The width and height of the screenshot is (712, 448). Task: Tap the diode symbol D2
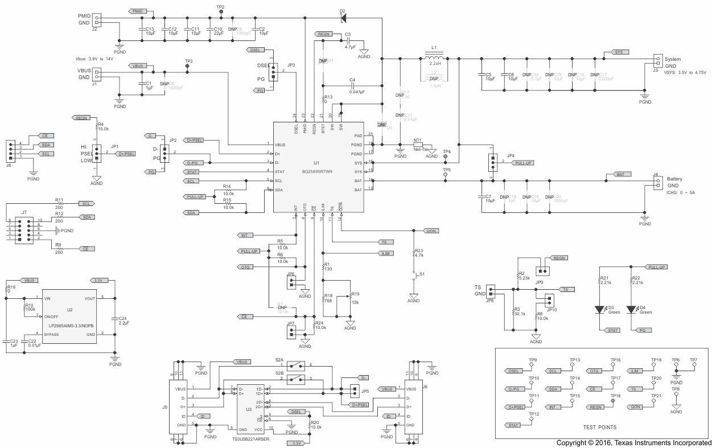point(343,18)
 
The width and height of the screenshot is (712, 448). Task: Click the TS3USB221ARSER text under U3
point(251,439)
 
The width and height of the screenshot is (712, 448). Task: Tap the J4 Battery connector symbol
point(657,181)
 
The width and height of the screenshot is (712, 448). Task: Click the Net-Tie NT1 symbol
point(422,145)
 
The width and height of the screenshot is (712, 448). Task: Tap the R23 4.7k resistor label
point(419,253)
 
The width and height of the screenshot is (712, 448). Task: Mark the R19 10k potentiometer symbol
point(351,301)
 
